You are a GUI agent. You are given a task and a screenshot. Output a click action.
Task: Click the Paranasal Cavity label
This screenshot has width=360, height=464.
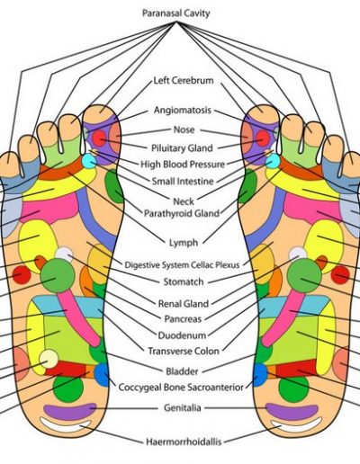(175, 13)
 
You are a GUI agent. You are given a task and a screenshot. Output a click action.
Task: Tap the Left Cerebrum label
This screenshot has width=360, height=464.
(184, 80)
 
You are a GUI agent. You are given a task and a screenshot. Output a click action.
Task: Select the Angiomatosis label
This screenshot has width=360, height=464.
(183, 110)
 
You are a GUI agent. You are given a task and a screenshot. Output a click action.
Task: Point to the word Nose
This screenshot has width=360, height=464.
(184, 129)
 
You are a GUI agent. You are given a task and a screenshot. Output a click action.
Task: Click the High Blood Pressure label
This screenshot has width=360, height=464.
(183, 165)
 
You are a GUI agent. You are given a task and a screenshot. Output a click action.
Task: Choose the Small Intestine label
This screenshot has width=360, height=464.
(183, 181)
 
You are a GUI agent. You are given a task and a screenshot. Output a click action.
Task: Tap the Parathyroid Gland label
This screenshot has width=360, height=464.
(182, 213)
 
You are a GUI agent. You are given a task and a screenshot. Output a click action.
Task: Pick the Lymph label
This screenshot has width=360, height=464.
(184, 243)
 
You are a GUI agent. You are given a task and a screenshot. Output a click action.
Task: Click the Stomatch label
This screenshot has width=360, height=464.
(184, 281)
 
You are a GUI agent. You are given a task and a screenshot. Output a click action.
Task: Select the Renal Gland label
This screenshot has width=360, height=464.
(184, 304)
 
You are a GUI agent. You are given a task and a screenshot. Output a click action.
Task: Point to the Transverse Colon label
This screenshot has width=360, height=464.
(184, 351)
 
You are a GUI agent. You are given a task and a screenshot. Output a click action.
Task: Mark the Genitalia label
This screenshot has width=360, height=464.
(183, 407)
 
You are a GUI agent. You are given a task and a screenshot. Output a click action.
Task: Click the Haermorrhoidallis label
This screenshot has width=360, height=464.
(184, 442)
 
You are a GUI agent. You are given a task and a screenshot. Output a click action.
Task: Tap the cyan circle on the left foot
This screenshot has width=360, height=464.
(89, 160)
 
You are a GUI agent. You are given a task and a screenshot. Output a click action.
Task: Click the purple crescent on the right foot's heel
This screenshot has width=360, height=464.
(292, 411)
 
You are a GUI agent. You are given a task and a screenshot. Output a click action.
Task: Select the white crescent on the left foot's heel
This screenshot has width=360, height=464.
(66, 425)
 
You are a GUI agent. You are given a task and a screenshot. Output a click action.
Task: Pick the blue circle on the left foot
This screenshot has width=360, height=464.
(102, 375)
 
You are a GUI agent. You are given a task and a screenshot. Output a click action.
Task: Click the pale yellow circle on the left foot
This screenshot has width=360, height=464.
(49, 359)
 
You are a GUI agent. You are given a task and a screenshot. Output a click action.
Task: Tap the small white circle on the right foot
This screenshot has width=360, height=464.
(298, 254)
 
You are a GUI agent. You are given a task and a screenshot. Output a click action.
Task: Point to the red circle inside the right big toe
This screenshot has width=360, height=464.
(263, 138)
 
